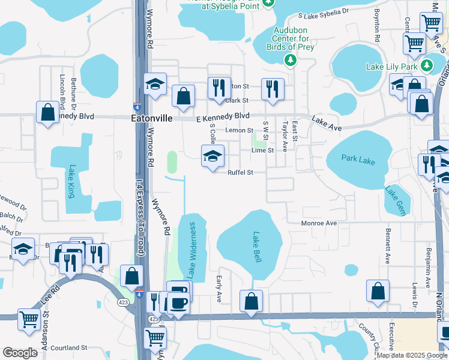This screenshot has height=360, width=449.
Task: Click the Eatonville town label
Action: pos(151,119)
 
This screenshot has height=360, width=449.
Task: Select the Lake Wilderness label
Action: pos(191,250)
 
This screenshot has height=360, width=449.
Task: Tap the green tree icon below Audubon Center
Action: pos(290,60)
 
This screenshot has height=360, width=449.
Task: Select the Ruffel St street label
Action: pos(240,172)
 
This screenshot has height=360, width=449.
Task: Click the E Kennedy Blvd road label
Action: pos(223,116)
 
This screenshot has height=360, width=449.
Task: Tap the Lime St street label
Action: pos(262,151)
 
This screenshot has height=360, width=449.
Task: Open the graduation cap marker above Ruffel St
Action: pos(212,157)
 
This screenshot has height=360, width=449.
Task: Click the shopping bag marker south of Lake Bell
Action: pos(252,301)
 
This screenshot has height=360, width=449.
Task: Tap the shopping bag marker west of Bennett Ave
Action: pos(378,291)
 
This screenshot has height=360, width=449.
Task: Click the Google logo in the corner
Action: pos(20,353)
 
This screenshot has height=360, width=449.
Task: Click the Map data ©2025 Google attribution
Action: pos(412,355)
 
